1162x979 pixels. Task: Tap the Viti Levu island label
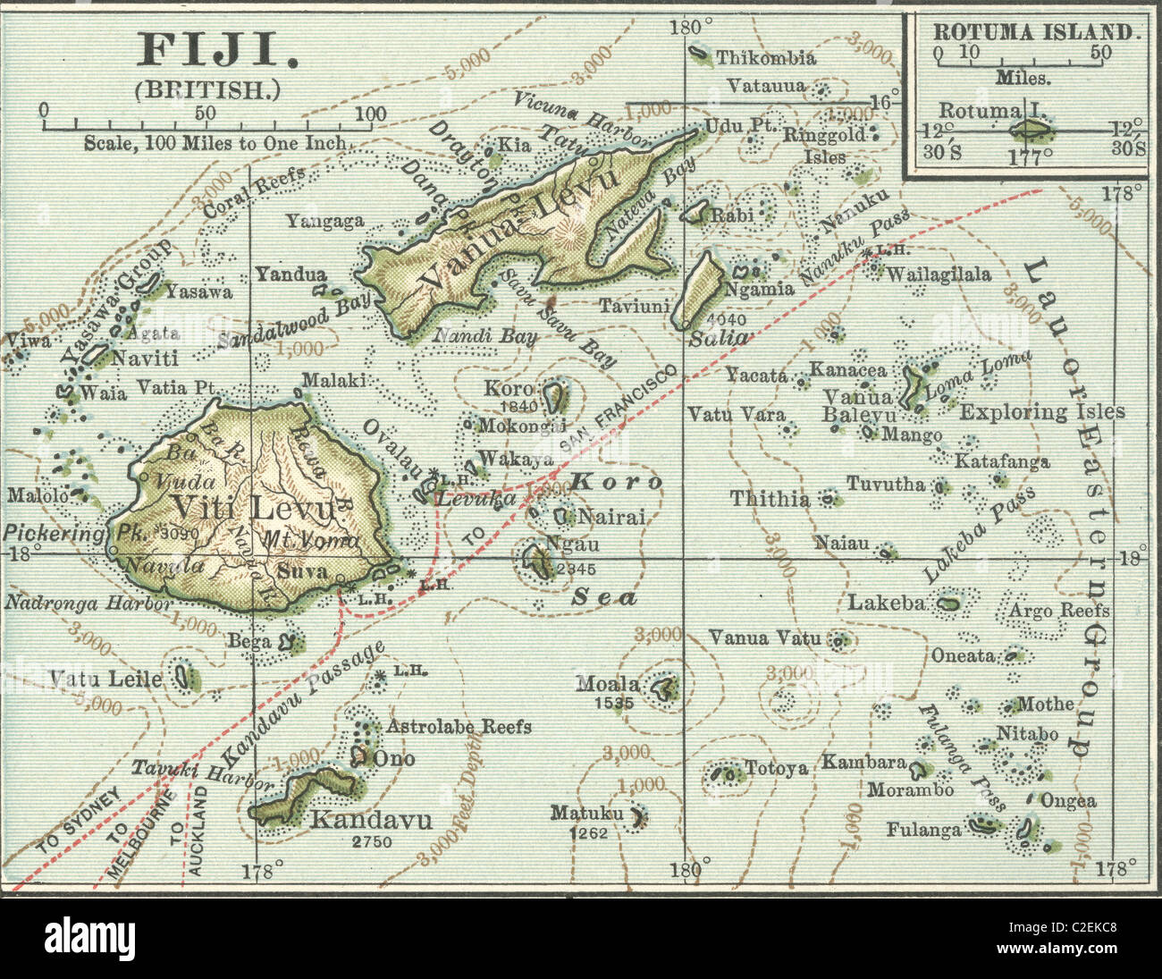(x=255, y=508)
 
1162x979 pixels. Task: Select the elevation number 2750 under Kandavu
(x=372, y=841)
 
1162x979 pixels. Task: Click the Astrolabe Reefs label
(x=459, y=726)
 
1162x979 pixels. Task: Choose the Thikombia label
(x=765, y=58)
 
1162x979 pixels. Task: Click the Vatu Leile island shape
(x=186, y=676)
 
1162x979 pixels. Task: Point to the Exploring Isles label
(x=1041, y=412)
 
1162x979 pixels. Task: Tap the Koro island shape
(x=556, y=394)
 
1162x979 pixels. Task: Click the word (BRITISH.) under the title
(x=208, y=89)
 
